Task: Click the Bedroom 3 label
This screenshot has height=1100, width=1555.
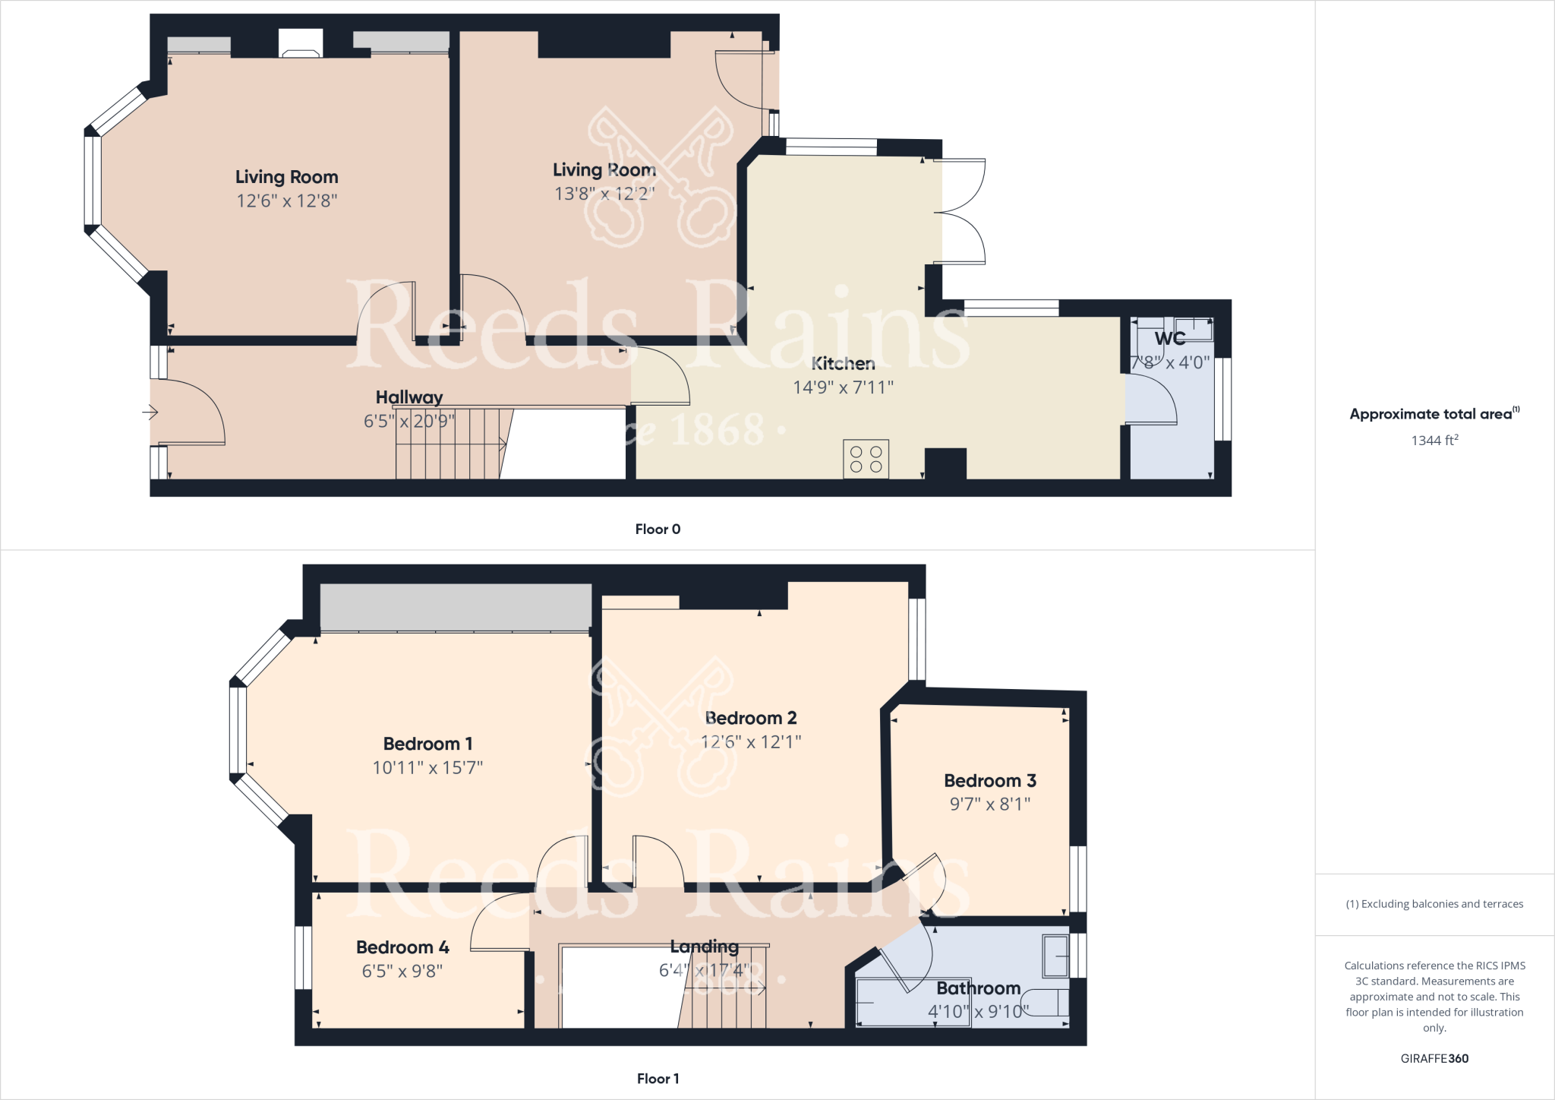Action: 989,780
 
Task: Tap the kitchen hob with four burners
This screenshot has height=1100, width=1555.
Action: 866,459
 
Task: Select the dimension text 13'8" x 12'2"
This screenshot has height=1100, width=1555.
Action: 604,194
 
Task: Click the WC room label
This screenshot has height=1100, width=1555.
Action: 1170,339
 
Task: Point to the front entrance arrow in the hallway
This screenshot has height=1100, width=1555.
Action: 150,412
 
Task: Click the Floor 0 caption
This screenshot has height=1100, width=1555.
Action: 658,529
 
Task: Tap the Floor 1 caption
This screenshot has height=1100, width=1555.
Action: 658,1079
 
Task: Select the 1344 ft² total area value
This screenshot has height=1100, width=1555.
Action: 1434,441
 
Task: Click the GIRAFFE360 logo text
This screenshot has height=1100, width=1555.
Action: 1434,1058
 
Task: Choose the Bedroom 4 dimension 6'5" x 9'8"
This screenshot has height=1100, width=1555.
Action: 402,971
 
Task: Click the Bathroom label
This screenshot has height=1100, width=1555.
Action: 978,988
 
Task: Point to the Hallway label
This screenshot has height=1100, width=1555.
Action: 409,397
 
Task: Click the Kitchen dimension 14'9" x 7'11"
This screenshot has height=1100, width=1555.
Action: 843,387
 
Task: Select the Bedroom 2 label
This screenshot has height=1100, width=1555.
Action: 751,718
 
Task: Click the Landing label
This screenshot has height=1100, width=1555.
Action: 704,947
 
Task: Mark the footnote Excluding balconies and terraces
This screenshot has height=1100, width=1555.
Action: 1434,904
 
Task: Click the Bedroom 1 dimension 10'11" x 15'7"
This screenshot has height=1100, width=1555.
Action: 427,768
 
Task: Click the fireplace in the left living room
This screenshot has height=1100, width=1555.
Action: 301,43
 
